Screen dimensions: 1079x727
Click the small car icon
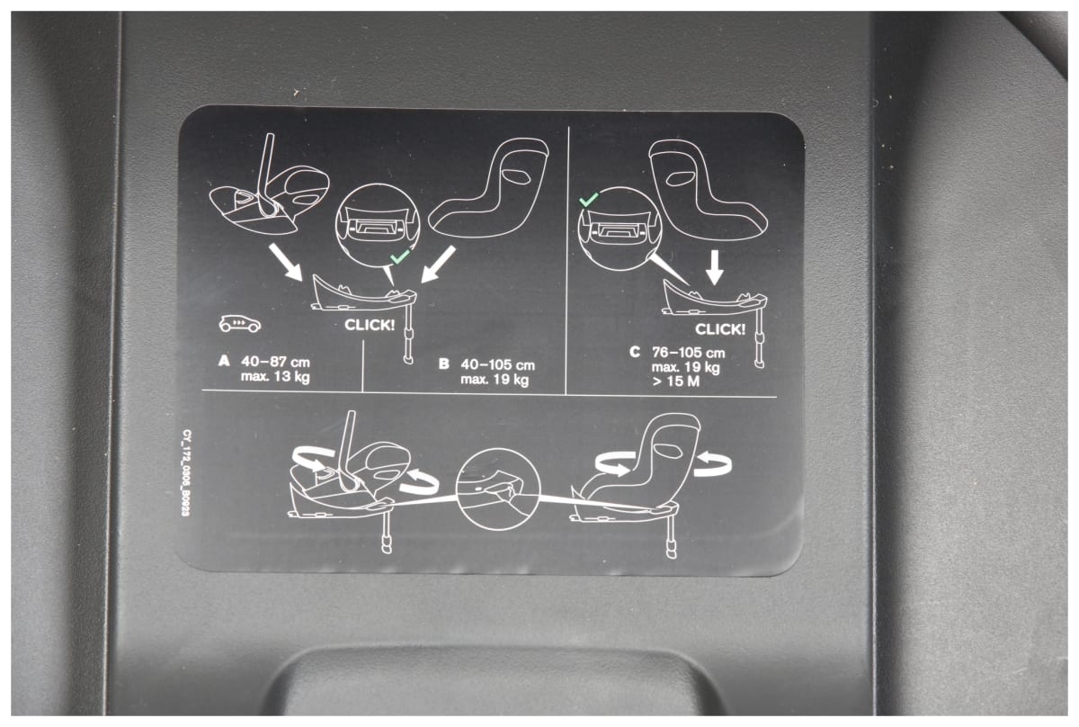[240, 324]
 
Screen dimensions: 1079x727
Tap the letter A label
[224, 361]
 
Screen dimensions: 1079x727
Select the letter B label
[443, 364]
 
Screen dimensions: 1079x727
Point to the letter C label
[635, 352]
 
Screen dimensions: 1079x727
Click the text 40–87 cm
[275, 362]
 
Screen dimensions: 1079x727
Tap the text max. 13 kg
[275, 376]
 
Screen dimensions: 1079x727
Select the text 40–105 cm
[497, 365]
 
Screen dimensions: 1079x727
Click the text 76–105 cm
[689, 353]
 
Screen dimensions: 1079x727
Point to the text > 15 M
[675, 381]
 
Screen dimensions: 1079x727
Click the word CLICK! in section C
[720, 329]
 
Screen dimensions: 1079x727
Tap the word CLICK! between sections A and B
[370, 326]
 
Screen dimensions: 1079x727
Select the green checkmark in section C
[588, 200]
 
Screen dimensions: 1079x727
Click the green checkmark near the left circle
[400, 257]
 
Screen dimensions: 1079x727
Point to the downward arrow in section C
[714, 267]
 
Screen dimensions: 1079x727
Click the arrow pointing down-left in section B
[438, 265]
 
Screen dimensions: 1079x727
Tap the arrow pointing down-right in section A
[286, 262]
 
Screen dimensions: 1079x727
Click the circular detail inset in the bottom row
[497, 489]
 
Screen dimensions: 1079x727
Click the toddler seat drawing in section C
[707, 191]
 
